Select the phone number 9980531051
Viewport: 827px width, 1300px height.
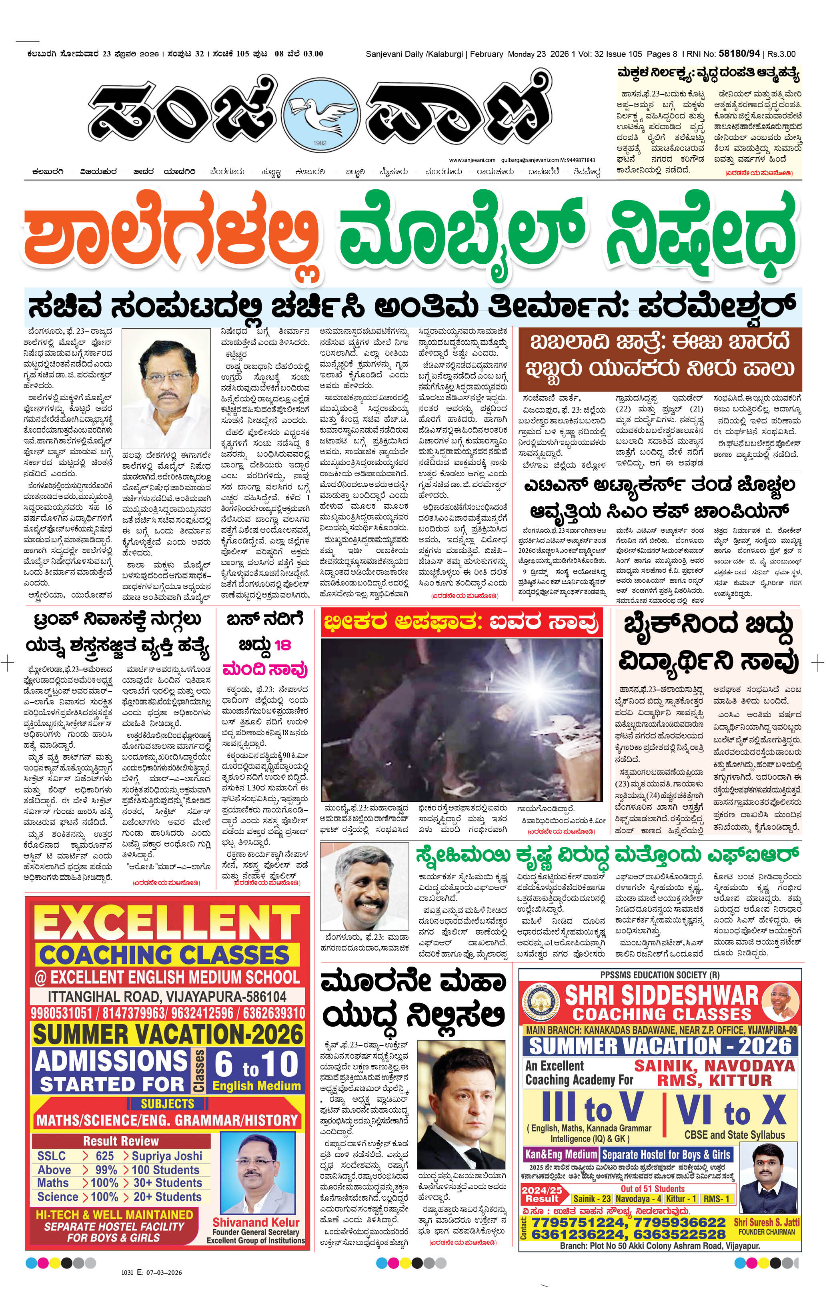61,1013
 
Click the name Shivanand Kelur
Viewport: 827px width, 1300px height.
256,1222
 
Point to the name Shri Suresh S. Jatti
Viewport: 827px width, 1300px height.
767,1222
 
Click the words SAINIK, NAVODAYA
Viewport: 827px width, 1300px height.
714,1066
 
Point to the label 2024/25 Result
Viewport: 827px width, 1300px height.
541,1195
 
